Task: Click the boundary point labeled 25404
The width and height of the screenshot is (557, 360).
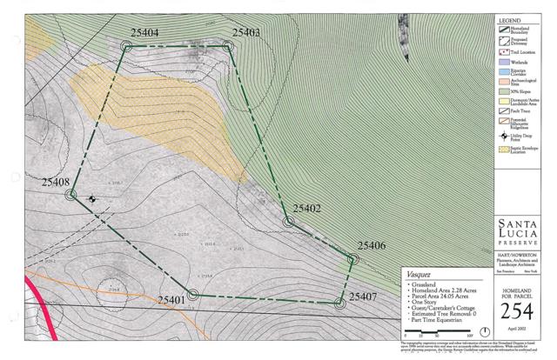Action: click(127, 46)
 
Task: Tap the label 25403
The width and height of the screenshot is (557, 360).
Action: click(246, 33)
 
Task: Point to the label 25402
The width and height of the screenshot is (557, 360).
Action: click(307, 209)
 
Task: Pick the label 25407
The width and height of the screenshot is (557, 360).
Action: click(363, 297)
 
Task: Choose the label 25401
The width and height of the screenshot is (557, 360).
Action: click(171, 300)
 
